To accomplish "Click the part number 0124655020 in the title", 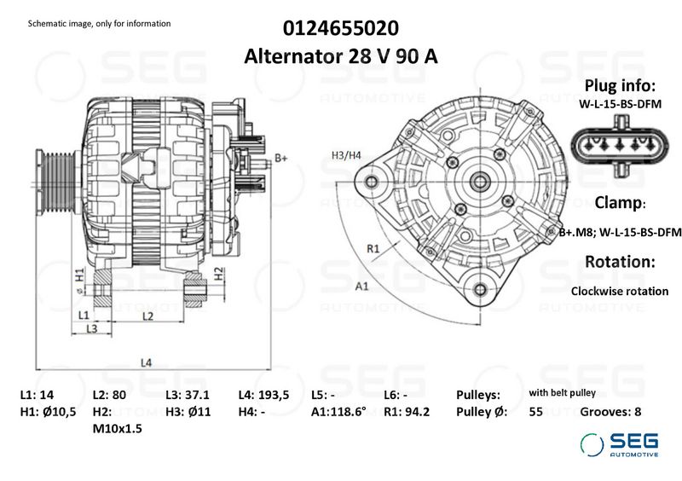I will (x=340, y=28).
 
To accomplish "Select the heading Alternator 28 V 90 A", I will (x=340, y=56).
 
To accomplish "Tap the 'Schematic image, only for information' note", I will (x=99, y=23).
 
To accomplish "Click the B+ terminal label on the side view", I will (x=281, y=158).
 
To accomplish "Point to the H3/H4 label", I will (x=346, y=155).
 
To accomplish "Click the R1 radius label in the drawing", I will (x=373, y=248).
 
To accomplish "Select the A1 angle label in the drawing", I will (x=361, y=286).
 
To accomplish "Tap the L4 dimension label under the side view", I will (x=146, y=362).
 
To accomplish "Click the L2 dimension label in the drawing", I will (x=147, y=316).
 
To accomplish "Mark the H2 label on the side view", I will (x=218, y=274).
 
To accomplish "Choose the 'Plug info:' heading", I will (x=619, y=86).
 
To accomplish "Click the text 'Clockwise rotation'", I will (x=619, y=291).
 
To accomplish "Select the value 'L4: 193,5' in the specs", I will (x=264, y=396).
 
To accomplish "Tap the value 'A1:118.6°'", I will (x=338, y=412).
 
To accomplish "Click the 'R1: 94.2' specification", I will (x=407, y=412).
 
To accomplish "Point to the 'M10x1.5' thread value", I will (x=117, y=428).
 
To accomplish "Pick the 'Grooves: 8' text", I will (x=610, y=412).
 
